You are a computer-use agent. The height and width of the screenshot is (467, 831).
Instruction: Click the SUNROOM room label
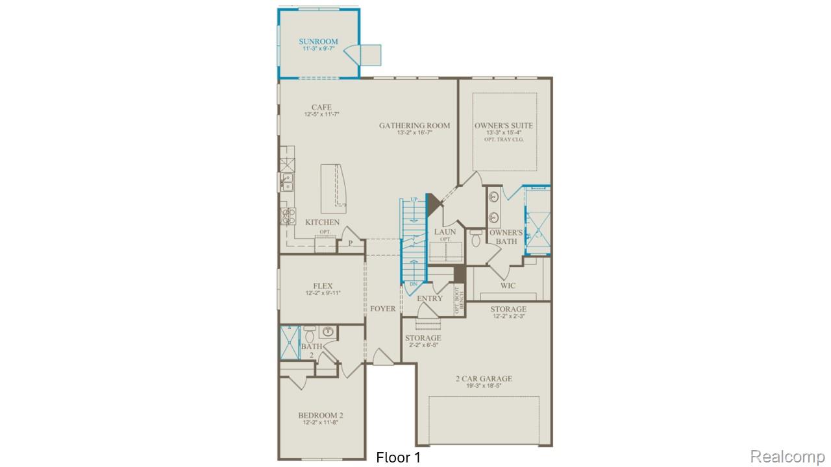(x=318, y=42)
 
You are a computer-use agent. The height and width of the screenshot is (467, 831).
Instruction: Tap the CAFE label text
(x=321, y=108)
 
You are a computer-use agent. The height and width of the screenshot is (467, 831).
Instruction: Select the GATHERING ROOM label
(x=414, y=125)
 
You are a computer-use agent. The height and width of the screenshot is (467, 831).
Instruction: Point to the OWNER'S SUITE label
(x=504, y=125)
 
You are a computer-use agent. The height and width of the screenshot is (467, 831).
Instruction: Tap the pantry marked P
(x=350, y=243)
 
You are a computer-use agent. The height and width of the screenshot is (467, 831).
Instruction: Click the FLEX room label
(x=323, y=286)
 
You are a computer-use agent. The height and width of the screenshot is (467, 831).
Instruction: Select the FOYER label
(x=382, y=309)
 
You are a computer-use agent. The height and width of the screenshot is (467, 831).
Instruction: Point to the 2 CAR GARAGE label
(x=483, y=379)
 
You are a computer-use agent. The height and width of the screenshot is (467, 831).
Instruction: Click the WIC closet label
(x=508, y=285)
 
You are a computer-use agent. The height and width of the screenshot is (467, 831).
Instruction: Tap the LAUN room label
(x=445, y=232)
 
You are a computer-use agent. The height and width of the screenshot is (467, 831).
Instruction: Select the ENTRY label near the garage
(x=430, y=298)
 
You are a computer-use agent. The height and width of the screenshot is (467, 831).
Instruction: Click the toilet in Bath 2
(x=310, y=335)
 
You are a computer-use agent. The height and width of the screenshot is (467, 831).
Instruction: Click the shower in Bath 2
(x=288, y=342)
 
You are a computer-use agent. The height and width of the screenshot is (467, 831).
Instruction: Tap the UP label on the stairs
(x=414, y=200)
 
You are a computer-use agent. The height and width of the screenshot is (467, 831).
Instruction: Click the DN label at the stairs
(x=414, y=284)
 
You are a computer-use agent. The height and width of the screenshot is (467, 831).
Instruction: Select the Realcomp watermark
(x=788, y=456)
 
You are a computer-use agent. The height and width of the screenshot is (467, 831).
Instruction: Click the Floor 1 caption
(x=398, y=457)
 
